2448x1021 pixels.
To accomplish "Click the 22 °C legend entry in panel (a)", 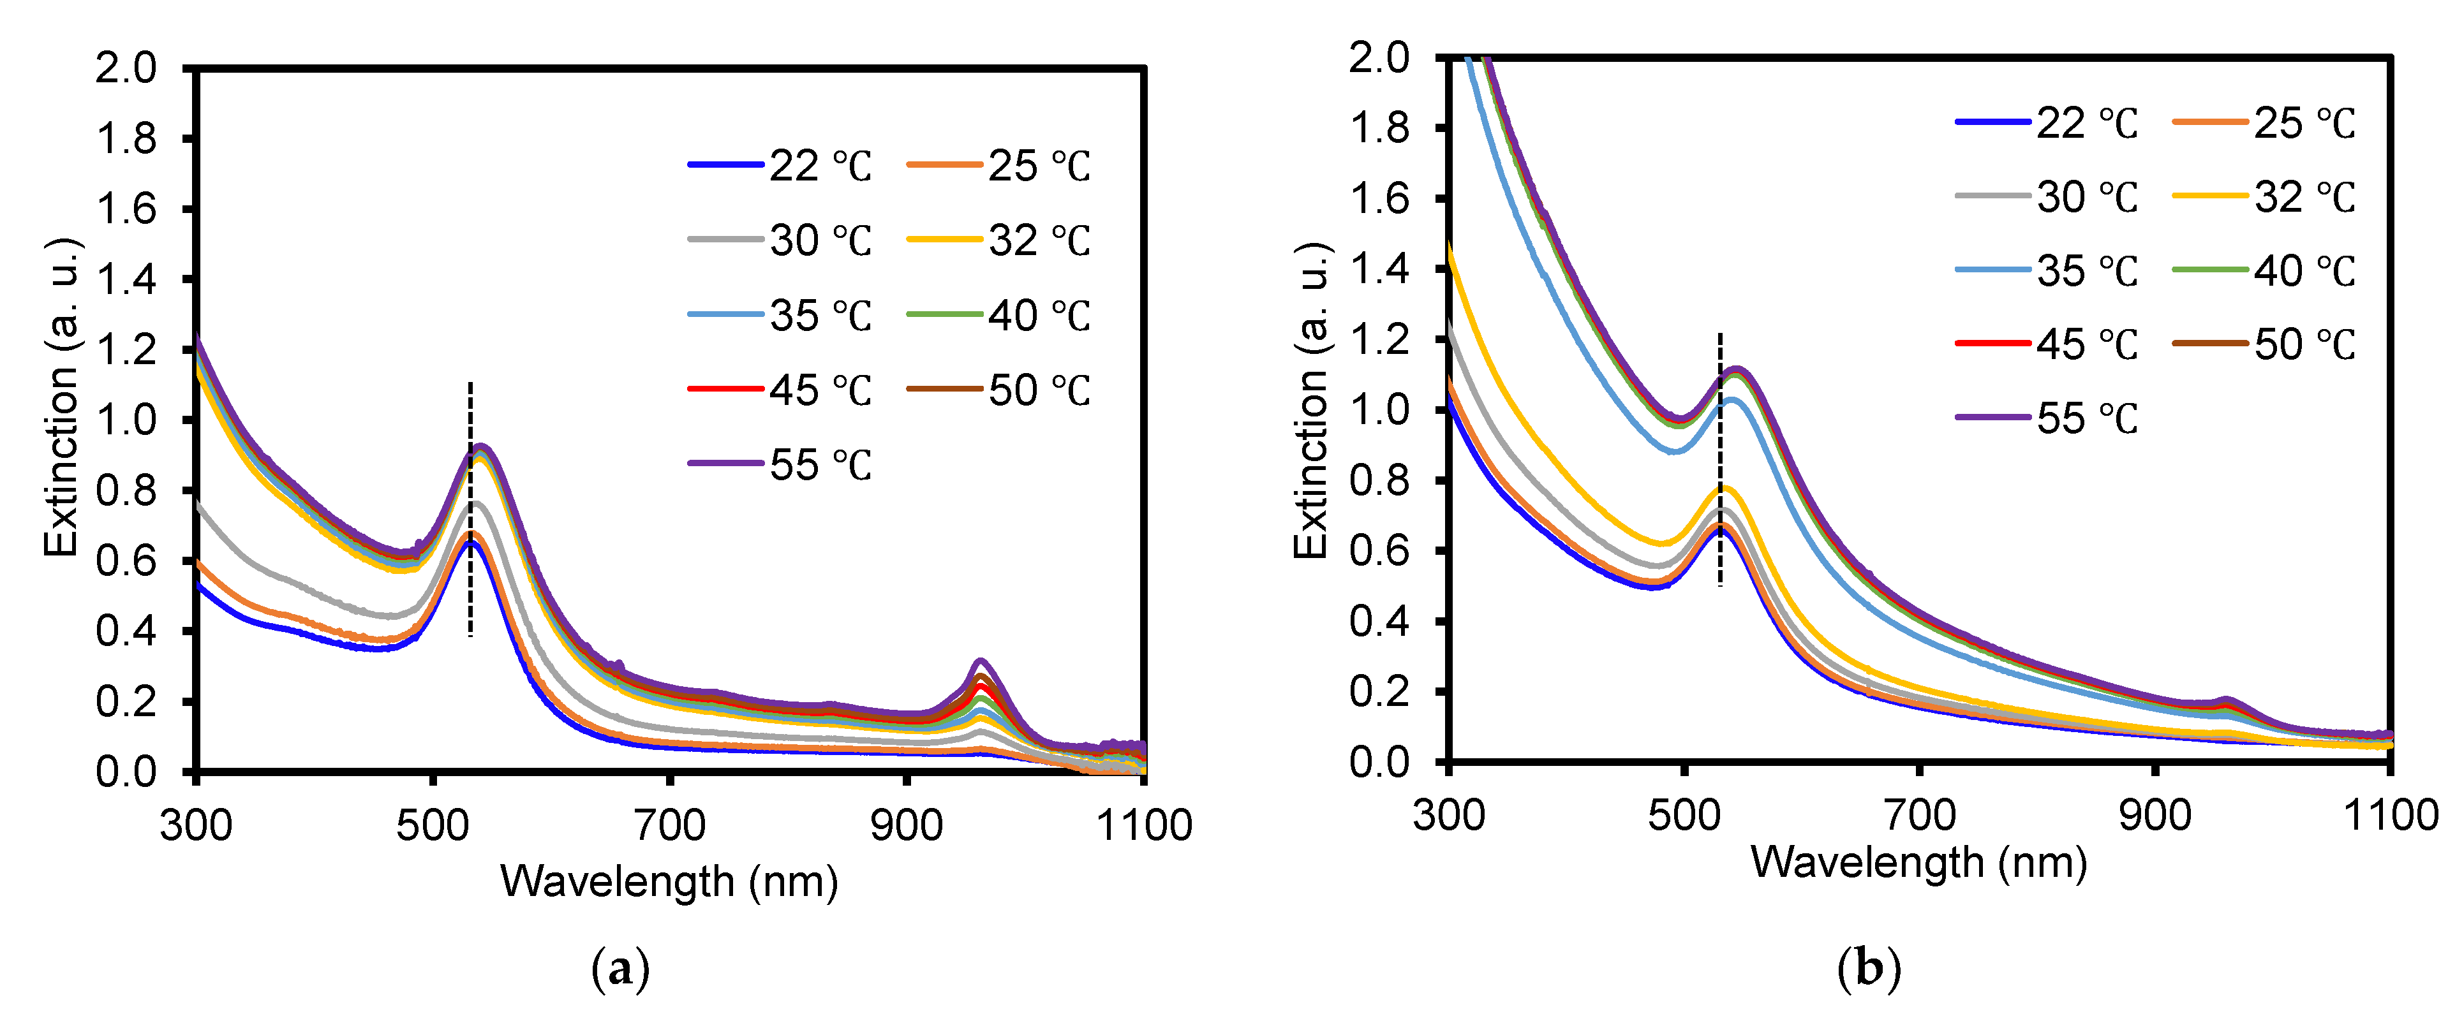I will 779,166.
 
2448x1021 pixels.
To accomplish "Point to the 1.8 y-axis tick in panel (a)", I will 126,140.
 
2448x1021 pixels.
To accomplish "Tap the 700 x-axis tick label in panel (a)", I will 670,825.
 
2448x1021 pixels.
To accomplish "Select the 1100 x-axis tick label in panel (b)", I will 2390,816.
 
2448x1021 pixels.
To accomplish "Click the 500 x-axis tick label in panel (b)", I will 1684,816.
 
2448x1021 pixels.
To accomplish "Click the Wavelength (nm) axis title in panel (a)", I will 669,881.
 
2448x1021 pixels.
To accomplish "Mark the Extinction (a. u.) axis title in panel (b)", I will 1312,400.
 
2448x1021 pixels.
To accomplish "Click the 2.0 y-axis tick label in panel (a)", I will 126,70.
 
